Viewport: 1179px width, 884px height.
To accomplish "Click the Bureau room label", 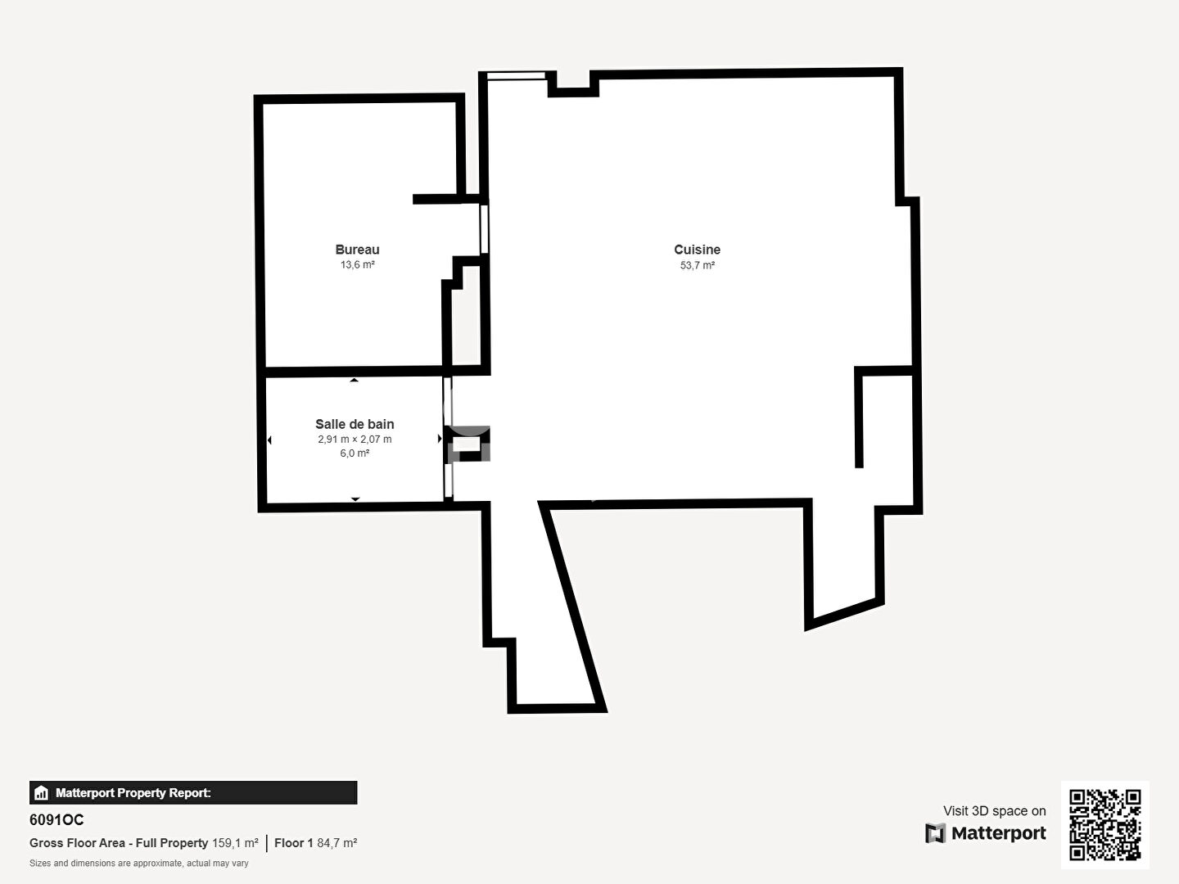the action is click(x=357, y=250).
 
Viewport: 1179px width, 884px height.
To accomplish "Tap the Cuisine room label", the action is click(x=698, y=250).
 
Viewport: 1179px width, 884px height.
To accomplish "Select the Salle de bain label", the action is click(x=355, y=424).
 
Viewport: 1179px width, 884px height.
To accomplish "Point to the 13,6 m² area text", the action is click(x=357, y=264).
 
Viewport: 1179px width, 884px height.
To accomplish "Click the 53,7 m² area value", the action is click(x=698, y=265).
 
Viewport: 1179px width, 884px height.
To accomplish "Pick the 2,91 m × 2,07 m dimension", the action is click(x=355, y=439).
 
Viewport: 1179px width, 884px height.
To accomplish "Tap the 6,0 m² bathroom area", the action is click(x=355, y=453).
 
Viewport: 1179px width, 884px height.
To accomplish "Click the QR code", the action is click(x=1104, y=825).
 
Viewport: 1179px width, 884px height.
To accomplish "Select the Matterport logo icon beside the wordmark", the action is click(x=935, y=833).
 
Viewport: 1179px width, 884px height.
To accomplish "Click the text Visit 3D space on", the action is click(x=994, y=811).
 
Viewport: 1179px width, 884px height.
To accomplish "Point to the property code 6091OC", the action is click(x=56, y=820).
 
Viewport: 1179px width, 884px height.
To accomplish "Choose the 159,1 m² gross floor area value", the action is click(x=235, y=843).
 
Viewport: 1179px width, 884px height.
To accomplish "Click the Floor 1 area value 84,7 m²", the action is click(x=337, y=843).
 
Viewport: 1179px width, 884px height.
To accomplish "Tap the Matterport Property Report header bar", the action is click(x=193, y=793).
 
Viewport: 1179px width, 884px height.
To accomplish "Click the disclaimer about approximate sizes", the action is click(x=139, y=864).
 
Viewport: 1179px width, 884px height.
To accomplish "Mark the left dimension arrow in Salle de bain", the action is click(x=269, y=440).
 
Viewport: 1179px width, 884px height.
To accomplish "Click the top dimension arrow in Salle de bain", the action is click(x=354, y=380).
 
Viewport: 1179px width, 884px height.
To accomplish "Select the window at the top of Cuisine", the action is click(x=516, y=75).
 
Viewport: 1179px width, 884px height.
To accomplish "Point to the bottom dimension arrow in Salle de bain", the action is click(x=355, y=499).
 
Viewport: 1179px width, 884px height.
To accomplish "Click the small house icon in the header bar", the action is click(x=41, y=793).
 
